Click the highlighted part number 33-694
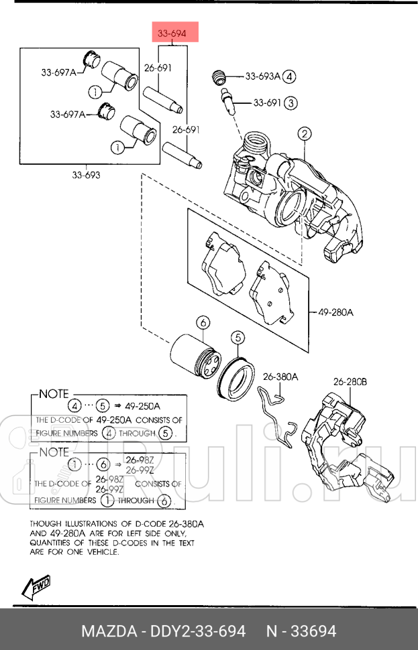click(172, 33)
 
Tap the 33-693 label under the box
click(86, 175)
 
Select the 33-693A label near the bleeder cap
click(263, 76)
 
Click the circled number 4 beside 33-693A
click(290, 76)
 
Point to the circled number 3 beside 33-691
click(291, 103)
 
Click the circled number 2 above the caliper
click(304, 134)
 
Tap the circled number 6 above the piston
click(203, 322)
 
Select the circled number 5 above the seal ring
click(238, 338)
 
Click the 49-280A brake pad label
click(336, 312)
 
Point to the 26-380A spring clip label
click(280, 377)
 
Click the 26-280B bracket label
click(350, 381)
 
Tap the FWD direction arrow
click(36, 587)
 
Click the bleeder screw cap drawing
click(219, 78)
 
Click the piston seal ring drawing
click(236, 376)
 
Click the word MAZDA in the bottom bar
click(109, 631)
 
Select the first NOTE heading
click(54, 394)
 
